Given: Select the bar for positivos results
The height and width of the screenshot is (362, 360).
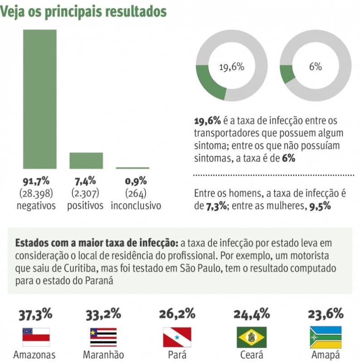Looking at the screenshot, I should tap(86, 161).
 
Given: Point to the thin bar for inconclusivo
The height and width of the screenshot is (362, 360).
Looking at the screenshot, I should tap(132, 168).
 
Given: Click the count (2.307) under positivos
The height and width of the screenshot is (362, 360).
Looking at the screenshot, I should tap(86, 193).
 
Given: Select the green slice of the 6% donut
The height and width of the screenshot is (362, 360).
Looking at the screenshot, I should tap(287, 74).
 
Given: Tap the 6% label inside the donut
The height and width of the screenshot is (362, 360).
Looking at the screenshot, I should tap(315, 67).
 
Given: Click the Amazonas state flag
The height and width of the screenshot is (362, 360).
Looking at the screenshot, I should tap(36, 337).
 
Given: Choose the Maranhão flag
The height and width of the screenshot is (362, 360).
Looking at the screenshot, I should tap(103, 337).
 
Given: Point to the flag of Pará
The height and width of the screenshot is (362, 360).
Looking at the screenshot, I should tap(177, 337).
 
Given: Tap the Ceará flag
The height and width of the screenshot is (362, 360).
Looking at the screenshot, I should tap(251, 337).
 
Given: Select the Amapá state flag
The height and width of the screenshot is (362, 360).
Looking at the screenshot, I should tap(325, 337).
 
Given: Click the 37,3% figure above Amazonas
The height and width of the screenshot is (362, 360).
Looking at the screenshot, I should tap(35, 314).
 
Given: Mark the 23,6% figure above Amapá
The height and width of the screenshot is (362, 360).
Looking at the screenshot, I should tap(325, 314).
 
